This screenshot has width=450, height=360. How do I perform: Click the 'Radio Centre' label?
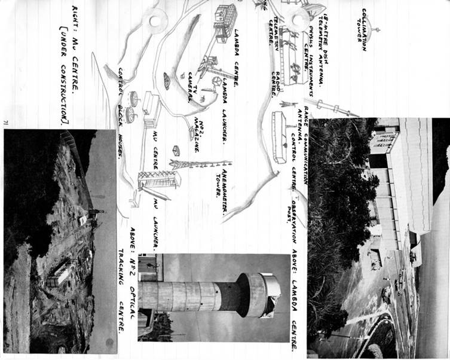click(x=276, y=84)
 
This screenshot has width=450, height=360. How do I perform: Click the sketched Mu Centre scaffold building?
click(x=159, y=179)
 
